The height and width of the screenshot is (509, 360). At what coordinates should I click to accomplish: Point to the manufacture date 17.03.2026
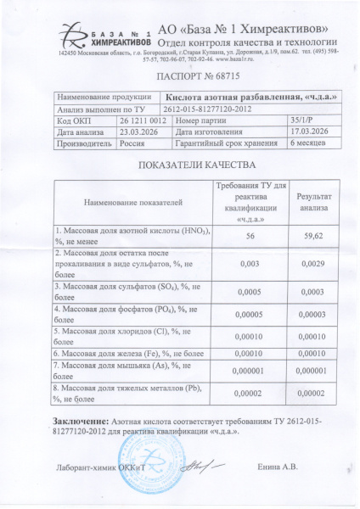(313, 132)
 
